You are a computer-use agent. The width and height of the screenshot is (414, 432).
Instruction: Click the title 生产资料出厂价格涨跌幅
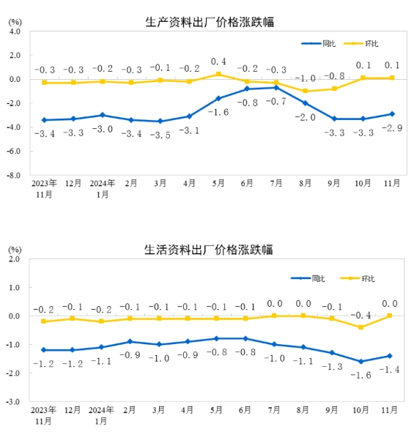click(210, 22)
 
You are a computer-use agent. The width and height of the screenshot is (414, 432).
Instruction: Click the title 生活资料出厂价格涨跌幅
click(209, 250)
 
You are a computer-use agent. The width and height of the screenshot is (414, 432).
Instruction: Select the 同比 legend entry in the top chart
click(318, 43)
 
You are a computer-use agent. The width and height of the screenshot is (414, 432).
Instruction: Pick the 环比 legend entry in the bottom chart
click(358, 278)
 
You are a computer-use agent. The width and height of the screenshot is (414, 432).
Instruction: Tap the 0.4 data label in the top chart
click(218, 62)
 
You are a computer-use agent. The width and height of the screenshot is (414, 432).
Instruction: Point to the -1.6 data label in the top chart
click(218, 112)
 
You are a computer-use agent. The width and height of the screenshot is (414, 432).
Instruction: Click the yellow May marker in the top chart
click(218, 74)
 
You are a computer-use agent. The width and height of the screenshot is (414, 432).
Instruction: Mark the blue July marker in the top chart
click(276, 88)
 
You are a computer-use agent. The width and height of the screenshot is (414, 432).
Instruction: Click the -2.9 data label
click(392, 128)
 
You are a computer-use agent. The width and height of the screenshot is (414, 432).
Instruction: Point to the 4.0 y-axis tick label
click(15, 31)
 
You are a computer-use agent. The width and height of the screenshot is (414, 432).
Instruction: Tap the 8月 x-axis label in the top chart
click(305, 183)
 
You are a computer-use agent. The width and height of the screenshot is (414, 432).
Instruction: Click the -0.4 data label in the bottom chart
click(361, 315)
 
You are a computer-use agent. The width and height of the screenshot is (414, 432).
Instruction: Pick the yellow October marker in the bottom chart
click(361, 327)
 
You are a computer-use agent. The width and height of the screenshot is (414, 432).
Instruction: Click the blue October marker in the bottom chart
click(361, 362)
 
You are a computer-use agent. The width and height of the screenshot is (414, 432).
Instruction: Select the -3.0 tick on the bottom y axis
click(14, 402)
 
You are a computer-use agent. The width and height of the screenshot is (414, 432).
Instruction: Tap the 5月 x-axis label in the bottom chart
click(216, 410)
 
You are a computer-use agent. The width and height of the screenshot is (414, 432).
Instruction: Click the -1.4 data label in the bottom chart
click(390, 370)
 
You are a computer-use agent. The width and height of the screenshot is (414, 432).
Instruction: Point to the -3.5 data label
click(160, 135)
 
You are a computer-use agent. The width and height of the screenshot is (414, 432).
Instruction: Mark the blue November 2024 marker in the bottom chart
click(390, 356)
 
